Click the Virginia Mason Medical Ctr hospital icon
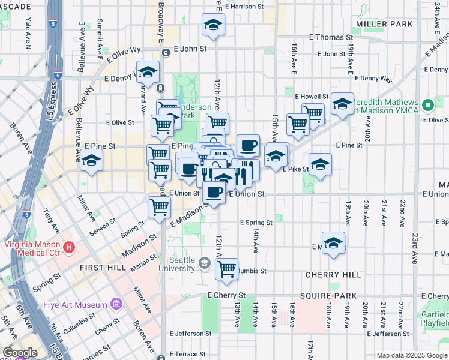click(x=70, y=247)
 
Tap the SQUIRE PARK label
click(x=330, y=296)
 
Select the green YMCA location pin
click(x=427, y=106)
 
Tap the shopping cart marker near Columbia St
click(x=226, y=269)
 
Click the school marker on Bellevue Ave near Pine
click(x=91, y=161)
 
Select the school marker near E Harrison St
click(x=212, y=25)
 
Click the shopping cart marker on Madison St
click(x=159, y=207)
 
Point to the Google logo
click(x=20, y=353)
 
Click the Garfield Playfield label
click(x=436, y=317)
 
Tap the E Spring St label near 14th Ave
click(x=256, y=223)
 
